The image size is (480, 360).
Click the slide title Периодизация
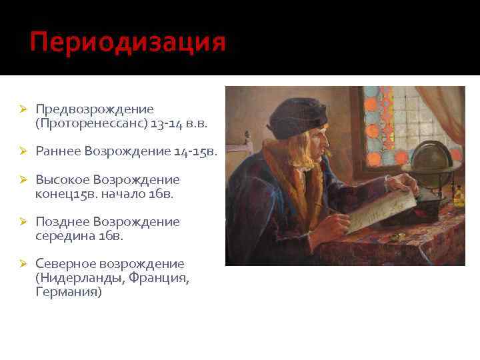coord(128,42)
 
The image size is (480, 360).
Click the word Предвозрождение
coord(95,109)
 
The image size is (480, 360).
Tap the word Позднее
coord(63,222)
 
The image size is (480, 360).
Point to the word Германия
coord(69,292)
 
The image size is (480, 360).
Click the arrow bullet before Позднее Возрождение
coord(22,222)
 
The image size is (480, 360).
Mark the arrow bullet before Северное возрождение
coord(22,264)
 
